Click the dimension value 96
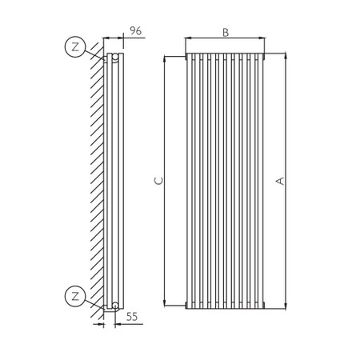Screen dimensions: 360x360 [135, 31]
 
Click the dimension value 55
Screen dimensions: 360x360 [133, 318]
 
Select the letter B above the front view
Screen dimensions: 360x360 [226, 32]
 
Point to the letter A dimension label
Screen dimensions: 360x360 [279, 182]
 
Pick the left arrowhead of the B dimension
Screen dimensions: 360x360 [187, 38]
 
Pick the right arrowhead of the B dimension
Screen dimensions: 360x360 [263, 38]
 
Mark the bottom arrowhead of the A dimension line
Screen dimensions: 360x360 [285, 306]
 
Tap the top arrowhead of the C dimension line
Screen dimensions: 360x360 [165, 58]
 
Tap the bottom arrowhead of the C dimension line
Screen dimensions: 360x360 [165, 304]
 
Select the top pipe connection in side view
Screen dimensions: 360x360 [115, 58]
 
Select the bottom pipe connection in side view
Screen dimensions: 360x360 [115, 305]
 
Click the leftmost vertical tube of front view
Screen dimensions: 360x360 [190, 180]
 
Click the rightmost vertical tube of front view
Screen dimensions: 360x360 [261, 180]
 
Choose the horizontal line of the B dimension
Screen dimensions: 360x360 [226, 38]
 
